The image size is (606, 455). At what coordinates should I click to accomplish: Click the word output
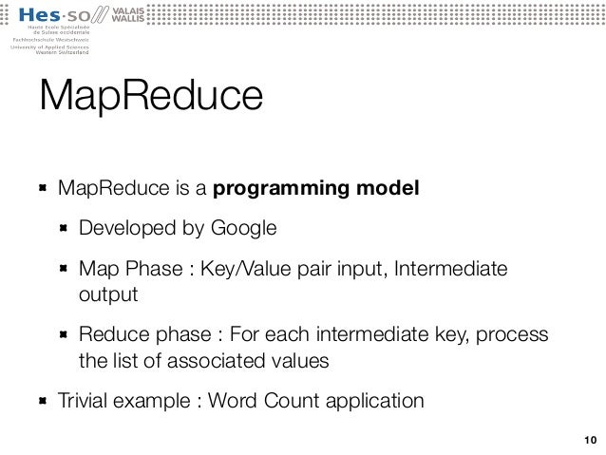click(x=108, y=294)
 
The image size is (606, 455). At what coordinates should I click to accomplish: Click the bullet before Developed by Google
click(x=64, y=229)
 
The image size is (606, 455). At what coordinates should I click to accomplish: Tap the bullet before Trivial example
click(x=43, y=401)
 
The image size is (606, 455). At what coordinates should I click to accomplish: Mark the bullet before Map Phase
click(x=64, y=271)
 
